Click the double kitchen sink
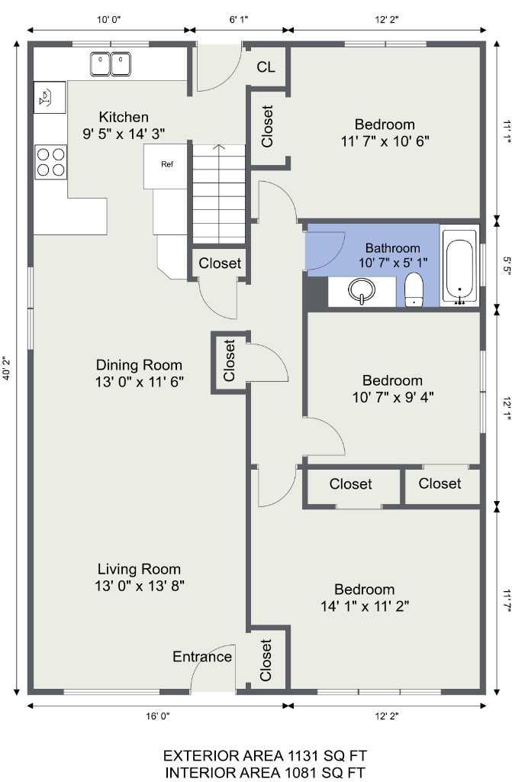click(x=111, y=64)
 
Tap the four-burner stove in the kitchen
click(x=50, y=162)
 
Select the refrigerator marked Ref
click(x=167, y=165)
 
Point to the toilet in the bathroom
click(x=414, y=290)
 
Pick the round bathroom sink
click(x=361, y=291)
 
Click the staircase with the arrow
click(x=218, y=194)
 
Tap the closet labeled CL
click(x=266, y=67)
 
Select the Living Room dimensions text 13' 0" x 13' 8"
click(x=140, y=586)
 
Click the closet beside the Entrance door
click(x=266, y=659)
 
